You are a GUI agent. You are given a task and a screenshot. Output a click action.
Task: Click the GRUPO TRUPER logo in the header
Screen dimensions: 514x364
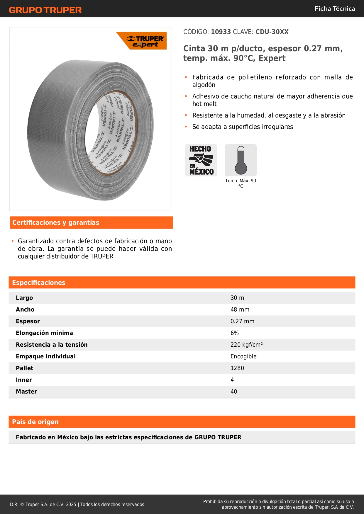[x=45, y=10]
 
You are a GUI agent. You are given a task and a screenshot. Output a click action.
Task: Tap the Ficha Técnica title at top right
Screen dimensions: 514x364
[x=335, y=8]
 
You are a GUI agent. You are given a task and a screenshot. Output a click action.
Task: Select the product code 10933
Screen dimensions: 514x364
[x=221, y=32]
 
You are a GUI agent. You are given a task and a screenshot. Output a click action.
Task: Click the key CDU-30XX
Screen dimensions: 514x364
[x=272, y=32]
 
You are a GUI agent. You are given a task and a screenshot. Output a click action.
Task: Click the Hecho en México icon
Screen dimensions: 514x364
[x=201, y=160]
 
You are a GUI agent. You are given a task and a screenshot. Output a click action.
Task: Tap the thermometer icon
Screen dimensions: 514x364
[x=241, y=160]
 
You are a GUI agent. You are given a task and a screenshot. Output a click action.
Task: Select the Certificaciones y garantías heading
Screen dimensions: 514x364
[x=56, y=223]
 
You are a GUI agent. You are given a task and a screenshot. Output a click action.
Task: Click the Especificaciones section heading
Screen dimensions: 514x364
[x=39, y=282]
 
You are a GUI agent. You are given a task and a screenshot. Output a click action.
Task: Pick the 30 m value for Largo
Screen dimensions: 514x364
[x=237, y=298]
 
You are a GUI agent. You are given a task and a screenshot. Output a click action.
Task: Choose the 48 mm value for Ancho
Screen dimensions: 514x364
[x=240, y=309]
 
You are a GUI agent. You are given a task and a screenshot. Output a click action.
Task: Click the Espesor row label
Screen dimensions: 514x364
[x=28, y=321]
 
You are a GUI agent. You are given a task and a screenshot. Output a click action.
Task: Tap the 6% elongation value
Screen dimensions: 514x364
[x=234, y=333]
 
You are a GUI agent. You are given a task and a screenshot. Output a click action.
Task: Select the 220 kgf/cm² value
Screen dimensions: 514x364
[x=246, y=345]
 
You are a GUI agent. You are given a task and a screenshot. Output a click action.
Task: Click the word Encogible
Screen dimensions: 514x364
[x=243, y=356]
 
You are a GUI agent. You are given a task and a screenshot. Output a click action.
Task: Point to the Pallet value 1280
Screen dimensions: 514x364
[x=237, y=368]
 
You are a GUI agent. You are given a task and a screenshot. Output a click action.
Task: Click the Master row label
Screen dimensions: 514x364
[x=26, y=392]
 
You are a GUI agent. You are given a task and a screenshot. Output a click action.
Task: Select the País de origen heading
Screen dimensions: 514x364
[x=35, y=422]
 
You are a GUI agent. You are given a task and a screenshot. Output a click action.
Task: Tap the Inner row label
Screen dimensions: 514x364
[x=24, y=380]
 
